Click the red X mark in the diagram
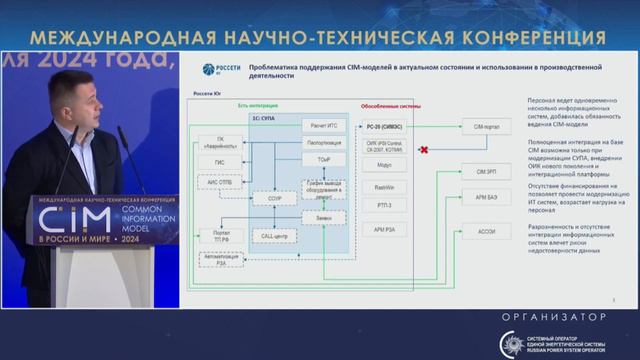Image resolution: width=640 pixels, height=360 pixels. (424, 149)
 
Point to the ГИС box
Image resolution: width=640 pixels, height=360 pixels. (219, 161)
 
